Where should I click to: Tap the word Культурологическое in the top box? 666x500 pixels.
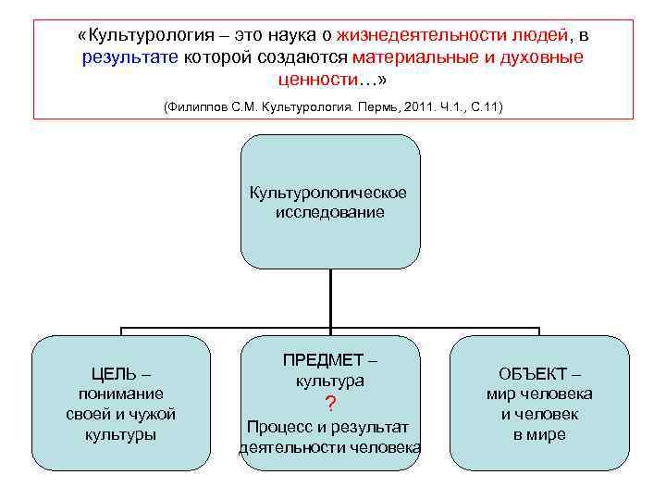click(x=328, y=193)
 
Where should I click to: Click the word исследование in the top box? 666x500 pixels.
click(x=329, y=212)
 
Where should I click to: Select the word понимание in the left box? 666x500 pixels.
click(x=121, y=394)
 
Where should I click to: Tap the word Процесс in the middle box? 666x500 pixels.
click(x=275, y=427)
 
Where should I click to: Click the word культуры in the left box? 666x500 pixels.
click(x=121, y=434)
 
